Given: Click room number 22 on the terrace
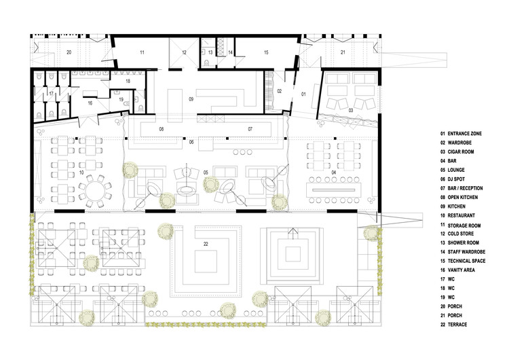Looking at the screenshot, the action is pyautogui.click(x=206, y=244).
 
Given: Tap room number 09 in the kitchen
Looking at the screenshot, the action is pyautogui.click(x=191, y=99).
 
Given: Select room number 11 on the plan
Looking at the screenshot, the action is pyautogui.click(x=143, y=52).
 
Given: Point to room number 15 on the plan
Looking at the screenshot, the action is pyautogui.click(x=266, y=52).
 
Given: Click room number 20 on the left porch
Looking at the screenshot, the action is pyautogui.click(x=69, y=52).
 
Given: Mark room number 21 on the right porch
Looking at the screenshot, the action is pyautogui.click(x=343, y=52).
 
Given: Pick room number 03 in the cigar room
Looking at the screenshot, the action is pyautogui.click(x=351, y=111).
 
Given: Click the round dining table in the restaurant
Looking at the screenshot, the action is pyautogui.click(x=95, y=191).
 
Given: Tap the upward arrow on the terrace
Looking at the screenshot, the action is pyautogui.click(x=293, y=234).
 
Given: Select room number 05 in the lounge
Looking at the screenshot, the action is pyautogui.click(x=206, y=173).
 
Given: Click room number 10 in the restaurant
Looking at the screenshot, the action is pyautogui.click(x=81, y=173).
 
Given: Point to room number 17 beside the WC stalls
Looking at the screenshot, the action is pyautogui.click(x=52, y=94).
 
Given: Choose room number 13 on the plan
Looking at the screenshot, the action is pyautogui.click(x=210, y=52).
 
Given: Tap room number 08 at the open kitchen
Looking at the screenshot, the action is pyautogui.click(x=162, y=129).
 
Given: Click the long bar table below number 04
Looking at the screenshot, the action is pyautogui.click(x=334, y=190).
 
